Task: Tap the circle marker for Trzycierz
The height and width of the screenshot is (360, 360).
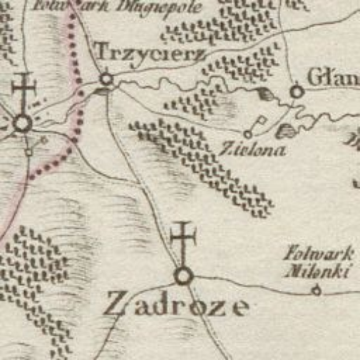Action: pyautogui.click(x=106, y=79)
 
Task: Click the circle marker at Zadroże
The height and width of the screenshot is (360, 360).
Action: pyautogui.click(x=183, y=276)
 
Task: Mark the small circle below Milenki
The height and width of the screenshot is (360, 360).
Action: pyautogui.click(x=316, y=290)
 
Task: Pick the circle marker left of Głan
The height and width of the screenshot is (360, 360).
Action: pyautogui.click(x=296, y=91)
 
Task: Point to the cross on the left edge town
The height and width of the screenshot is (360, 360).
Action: pyautogui.click(x=24, y=90)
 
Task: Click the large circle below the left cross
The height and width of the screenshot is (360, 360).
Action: pyautogui.click(x=23, y=123)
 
